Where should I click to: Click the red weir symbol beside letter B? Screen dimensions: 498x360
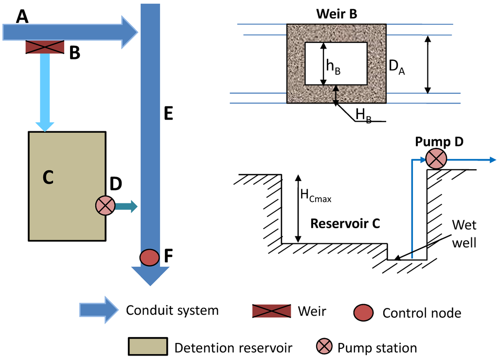[x=45, y=47]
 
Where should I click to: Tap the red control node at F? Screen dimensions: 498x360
[x=149, y=257]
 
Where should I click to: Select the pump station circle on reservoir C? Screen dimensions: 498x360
[x=105, y=205]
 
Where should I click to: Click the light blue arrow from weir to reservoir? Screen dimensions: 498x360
[x=45, y=92]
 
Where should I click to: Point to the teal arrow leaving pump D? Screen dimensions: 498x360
[x=126, y=207]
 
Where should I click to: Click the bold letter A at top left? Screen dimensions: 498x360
[x=22, y=17]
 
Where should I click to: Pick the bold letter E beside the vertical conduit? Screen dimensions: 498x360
[x=168, y=113]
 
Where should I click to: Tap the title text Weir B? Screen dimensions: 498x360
[x=337, y=14]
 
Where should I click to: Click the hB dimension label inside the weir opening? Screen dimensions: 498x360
[x=334, y=67]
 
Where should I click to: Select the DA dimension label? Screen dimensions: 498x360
[x=397, y=67]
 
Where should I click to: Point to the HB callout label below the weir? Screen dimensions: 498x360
[x=364, y=115]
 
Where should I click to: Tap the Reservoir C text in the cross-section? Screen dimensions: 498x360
[x=345, y=223]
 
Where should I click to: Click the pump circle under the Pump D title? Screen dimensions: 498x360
[x=436, y=159]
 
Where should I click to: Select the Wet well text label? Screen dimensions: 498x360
[x=464, y=234]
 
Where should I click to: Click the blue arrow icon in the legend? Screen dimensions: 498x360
[x=99, y=310]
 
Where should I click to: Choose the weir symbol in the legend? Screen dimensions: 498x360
[x=271, y=311]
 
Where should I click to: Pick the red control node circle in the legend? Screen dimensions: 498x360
[x=363, y=313]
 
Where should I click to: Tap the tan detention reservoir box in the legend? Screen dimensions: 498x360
[x=148, y=346]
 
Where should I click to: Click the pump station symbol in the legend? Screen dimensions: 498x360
[x=324, y=346]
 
